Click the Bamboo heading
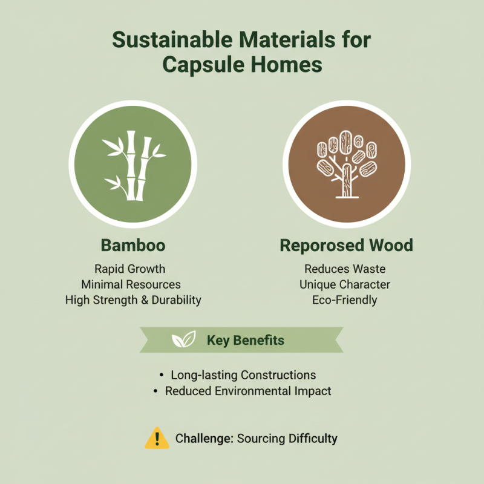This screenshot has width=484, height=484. (133, 245)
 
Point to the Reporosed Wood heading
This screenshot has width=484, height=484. (346, 245)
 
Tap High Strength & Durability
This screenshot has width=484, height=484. (133, 300)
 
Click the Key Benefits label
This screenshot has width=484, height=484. (245, 340)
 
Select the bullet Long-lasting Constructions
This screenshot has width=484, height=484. (243, 375)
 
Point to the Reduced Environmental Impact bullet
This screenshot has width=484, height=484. (248, 391)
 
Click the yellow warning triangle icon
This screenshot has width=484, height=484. (157, 437)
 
